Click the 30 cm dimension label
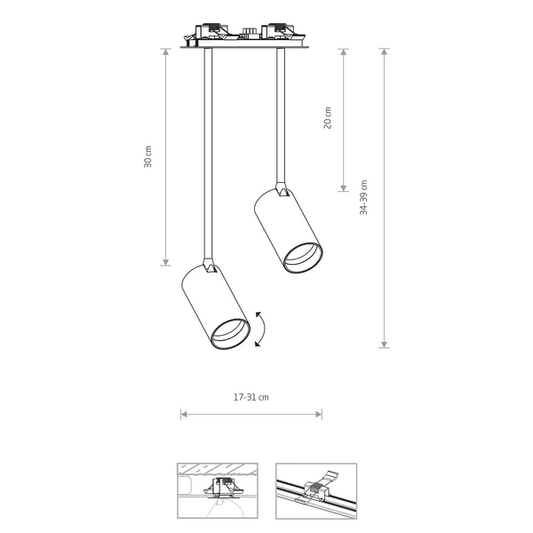[x=147, y=156]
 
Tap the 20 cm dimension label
[x=327, y=117]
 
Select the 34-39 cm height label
[x=363, y=197]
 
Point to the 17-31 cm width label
[x=251, y=397]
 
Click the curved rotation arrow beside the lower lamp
[x=264, y=329]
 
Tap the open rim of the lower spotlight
[x=230, y=334]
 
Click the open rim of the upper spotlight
[x=303, y=258]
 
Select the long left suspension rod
[x=209, y=154]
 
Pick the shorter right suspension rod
[x=281, y=115]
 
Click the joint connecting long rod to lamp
[x=210, y=266]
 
